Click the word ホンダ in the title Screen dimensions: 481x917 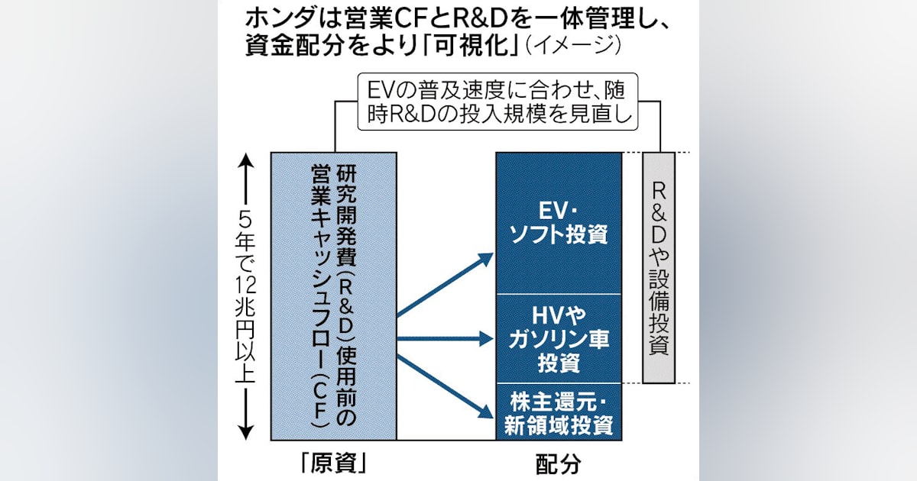click(x=274, y=16)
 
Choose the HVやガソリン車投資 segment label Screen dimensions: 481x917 click(x=559, y=339)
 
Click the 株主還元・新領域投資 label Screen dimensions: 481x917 click(x=559, y=412)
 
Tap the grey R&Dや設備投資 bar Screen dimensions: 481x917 click(x=658, y=267)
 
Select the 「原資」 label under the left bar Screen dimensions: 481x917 click(x=333, y=463)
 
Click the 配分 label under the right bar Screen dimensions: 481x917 click(x=559, y=463)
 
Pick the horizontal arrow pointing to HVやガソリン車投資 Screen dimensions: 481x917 click(x=447, y=335)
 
